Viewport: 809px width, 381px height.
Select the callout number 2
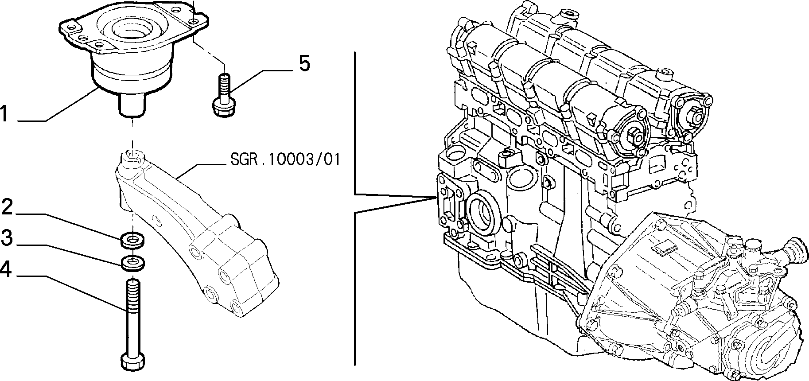(7, 207)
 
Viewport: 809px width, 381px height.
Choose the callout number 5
(304, 63)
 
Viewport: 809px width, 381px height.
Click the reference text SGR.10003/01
(285, 159)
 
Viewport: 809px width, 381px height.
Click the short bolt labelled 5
(223, 97)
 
